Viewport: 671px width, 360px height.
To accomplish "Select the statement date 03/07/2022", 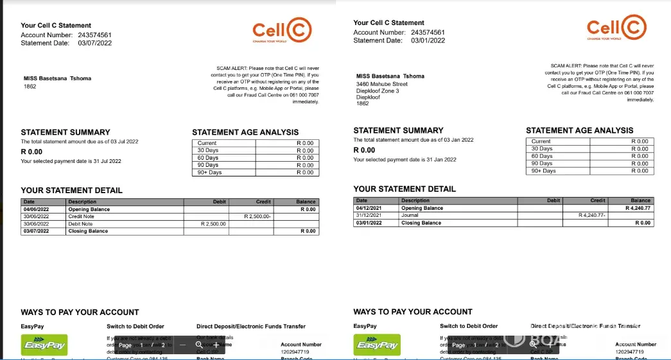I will point(95,43).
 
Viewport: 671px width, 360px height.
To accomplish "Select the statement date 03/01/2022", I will point(428,40).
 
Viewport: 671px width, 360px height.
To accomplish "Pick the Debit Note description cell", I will point(80,224).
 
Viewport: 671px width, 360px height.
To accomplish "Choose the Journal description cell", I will point(410,216).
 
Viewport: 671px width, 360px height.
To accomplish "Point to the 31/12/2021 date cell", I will point(369,216).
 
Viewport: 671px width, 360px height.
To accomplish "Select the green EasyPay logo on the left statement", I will point(45,345).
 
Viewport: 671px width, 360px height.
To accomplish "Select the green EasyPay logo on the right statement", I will point(378,345).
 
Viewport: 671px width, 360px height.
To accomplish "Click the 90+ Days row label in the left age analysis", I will point(209,173).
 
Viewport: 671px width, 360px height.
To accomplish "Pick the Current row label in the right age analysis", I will point(541,141).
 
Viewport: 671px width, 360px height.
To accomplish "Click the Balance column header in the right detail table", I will point(640,200).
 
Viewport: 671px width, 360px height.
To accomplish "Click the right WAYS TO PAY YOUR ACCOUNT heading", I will point(412,312).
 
